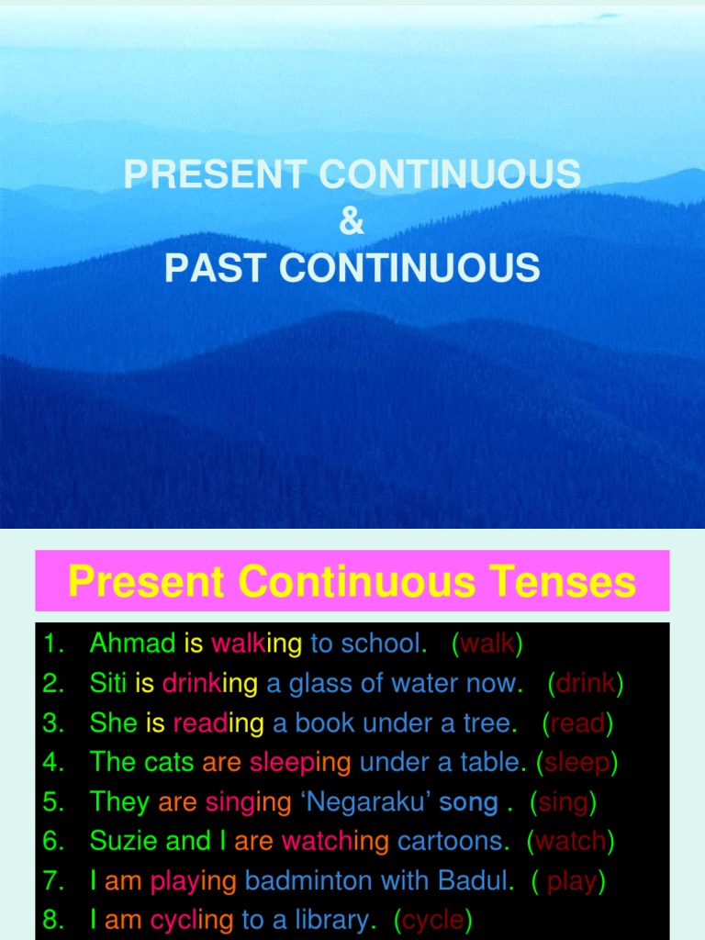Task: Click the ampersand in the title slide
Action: coord(352,221)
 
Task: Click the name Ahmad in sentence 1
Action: coord(132,643)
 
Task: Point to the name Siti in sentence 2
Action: coord(108,684)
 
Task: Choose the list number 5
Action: coord(54,802)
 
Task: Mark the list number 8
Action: coord(54,920)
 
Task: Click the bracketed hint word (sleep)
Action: coord(576,763)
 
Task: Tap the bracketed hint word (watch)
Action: coord(570,841)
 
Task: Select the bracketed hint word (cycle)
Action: coord(432,920)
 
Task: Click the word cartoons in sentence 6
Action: coord(452,841)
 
